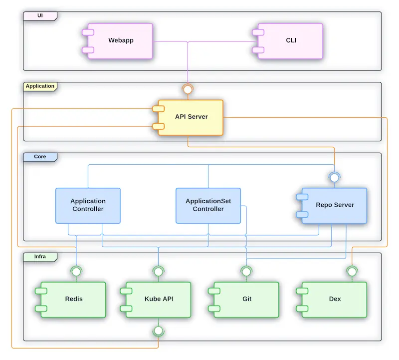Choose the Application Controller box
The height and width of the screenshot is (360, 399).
88,205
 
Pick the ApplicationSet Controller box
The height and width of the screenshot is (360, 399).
208,205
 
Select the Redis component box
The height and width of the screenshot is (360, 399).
74,299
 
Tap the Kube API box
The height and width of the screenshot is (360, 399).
159,299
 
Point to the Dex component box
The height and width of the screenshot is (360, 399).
335,299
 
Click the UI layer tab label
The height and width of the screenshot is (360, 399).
40,16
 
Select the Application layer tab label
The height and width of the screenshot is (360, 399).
40,86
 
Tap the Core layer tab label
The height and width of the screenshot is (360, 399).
40,157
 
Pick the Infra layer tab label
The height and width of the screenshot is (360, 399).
40,257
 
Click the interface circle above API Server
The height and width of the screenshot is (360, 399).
188,90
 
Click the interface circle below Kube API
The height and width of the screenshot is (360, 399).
159,331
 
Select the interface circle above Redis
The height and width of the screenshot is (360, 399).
76,272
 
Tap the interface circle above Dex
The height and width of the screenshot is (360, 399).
352,272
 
